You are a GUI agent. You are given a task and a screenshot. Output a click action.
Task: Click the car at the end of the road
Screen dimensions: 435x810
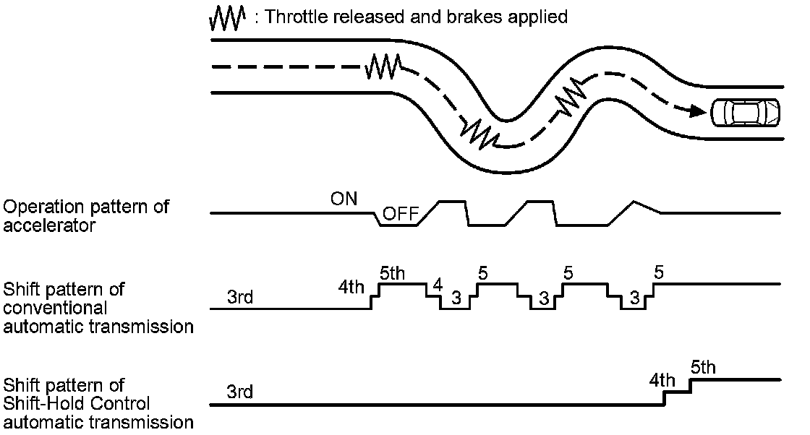click(x=746, y=112)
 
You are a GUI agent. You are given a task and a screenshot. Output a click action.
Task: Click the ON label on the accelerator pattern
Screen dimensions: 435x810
click(x=344, y=199)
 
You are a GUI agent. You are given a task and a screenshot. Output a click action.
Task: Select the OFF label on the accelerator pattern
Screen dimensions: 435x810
click(x=399, y=214)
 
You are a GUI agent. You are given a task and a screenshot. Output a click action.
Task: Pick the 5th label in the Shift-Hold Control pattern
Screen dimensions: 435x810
click(x=703, y=367)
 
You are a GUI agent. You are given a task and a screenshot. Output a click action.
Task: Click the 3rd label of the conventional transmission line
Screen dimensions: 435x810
click(x=239, y=297)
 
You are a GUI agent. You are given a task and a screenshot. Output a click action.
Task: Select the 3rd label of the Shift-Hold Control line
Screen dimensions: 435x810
click(x=239, y=392)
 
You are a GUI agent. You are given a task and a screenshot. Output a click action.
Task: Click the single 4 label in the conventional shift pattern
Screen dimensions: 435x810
click(x=437, y=285)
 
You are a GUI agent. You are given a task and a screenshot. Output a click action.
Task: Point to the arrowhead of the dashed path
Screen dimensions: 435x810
click(x=696, y=111)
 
